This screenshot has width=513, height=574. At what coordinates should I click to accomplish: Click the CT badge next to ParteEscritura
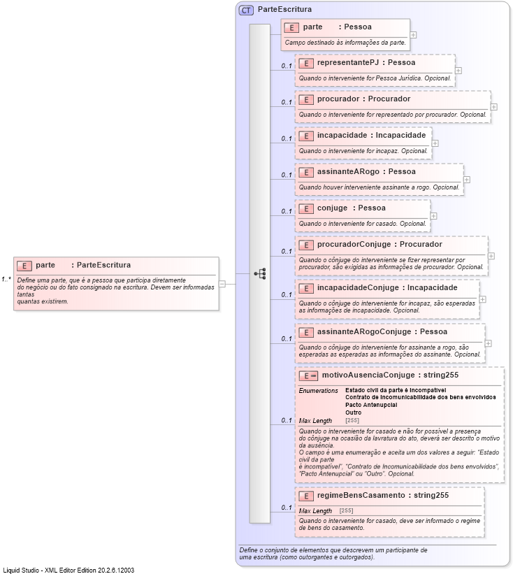(x=246, y=10)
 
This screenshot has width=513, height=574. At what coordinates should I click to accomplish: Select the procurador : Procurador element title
(x=363, y=99)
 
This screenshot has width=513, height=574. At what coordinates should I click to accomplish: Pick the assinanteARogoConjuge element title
(x=382, y=331)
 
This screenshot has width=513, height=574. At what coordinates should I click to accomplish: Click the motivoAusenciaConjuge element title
(x=390, y=375)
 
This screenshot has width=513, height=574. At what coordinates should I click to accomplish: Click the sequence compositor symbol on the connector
(x=260, y=273)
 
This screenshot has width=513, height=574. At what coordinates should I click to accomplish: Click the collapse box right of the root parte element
(x=222, y=284)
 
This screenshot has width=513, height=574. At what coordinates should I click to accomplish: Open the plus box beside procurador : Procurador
(x=494, y=107)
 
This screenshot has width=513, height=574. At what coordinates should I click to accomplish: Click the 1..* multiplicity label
(x=6, y=279)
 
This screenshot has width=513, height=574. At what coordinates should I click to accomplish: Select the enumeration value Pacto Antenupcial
(x=371, y=405)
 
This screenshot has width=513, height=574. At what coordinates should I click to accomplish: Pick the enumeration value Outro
(x=354, y=412)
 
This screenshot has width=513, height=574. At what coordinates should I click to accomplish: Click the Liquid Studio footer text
(x=68, y=570)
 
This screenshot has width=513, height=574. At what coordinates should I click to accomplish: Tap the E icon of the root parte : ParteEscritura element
(x=24, y=266)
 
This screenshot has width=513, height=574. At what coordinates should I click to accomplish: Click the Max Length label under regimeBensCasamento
(x=315, y=511)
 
